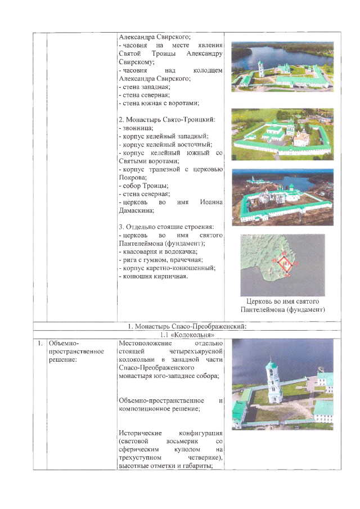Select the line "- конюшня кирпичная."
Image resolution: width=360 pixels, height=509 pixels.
click(x=153, y=276)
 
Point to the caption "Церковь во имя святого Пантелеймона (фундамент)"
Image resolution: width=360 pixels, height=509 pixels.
click(x=283, y=306)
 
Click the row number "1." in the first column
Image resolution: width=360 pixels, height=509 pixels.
click(x=39, y=343)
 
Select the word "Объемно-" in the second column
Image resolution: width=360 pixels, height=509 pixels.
click(x=65, y=343)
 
